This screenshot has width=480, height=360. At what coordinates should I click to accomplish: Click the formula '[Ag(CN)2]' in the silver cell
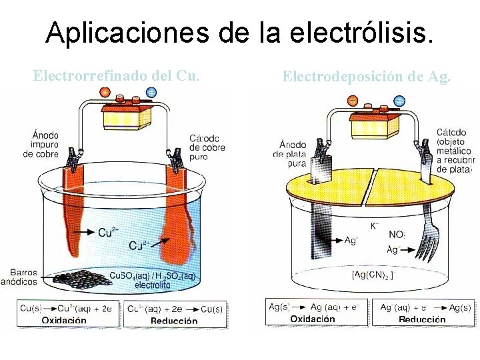373,275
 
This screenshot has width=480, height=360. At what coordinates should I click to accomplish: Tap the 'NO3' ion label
396,235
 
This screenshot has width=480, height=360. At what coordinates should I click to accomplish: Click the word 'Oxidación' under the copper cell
64,320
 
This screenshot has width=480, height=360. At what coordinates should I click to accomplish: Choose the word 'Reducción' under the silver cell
422,319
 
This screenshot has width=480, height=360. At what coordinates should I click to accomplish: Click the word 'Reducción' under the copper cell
175,320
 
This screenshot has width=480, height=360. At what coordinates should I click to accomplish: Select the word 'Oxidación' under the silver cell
313,319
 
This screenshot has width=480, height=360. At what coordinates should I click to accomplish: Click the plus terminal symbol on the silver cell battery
352,101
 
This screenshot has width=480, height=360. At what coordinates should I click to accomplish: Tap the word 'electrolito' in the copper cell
153,285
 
